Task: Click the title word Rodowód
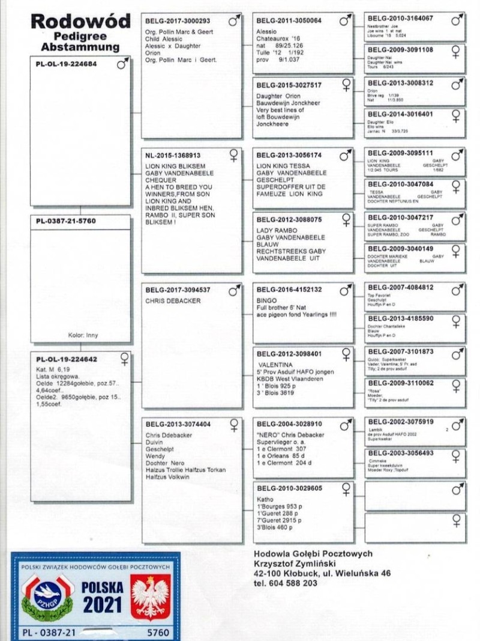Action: [80, 22]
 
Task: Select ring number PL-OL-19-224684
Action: [67, 62]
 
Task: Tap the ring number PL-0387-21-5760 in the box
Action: [65, 221]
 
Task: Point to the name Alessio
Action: [266, 31]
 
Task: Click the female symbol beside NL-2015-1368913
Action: [233, 155]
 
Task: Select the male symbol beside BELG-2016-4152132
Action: [345, 291]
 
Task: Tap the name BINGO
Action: [266, 299]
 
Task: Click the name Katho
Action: [265, 499]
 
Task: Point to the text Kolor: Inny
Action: [83, 335]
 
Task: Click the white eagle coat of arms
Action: [149, 597]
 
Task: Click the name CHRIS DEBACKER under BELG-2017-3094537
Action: [173, 300]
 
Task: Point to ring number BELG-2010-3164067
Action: [400, 18]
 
